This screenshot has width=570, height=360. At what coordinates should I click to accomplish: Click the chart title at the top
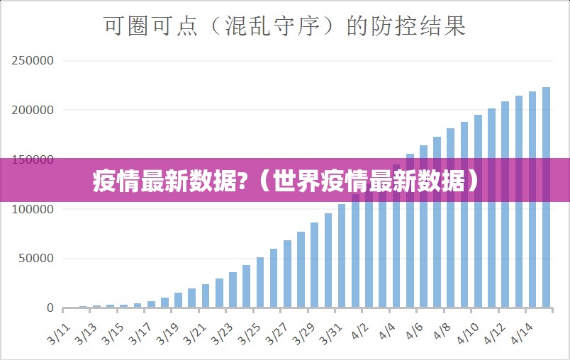point(285,26)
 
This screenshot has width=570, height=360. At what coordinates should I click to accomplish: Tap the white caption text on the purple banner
point(285,182)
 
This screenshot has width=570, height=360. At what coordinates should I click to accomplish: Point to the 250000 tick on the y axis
point(33,61)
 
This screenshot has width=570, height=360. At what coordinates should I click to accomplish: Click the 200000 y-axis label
point(33,111)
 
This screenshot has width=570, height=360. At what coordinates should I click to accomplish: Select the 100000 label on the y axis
point(33,210)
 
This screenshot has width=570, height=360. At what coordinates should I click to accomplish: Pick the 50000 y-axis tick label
point(35,259)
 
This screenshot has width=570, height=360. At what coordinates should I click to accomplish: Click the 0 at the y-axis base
point(50,308)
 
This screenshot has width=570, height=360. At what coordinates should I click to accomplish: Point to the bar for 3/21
point(206,296)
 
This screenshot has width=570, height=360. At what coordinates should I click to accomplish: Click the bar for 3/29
point(314,265)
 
